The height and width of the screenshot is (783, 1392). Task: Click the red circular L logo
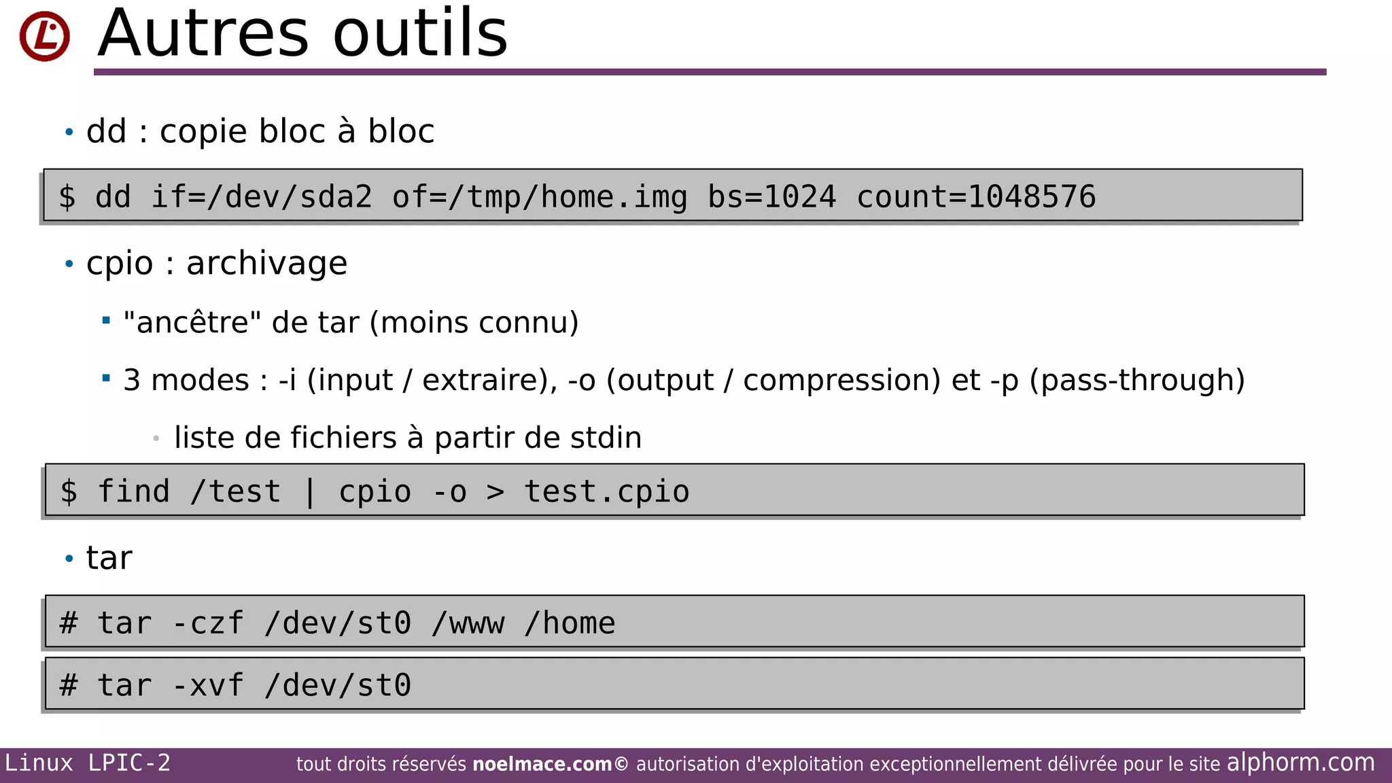(x=45, y=36)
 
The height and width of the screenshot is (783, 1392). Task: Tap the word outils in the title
(x=420, y=34)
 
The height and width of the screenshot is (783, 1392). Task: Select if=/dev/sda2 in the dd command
(x=262, y=197)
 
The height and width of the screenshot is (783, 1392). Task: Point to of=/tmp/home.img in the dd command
(x=540, y=197)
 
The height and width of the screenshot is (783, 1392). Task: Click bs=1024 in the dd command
(x=771, y=197)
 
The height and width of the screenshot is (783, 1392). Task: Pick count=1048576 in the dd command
(x=976, y=197)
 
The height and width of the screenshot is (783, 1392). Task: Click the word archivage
(x=266, y=264)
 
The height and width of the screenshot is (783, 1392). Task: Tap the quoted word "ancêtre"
(x=192, y=323)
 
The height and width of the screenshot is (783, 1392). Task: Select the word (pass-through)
(x=1137, y=381)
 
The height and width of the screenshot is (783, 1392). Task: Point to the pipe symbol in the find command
(x=310, y=492)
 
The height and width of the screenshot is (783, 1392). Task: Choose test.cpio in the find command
(x=607, y=492)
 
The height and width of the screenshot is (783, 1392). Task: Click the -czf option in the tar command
(x=208, y=623)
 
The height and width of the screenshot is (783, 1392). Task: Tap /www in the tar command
(x=468, y=623)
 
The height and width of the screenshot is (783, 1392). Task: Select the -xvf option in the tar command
(x=208, y=685)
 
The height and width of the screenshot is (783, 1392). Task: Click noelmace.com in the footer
(x=542, y=765)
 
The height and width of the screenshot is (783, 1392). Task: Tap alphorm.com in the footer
(x=1300, y=763)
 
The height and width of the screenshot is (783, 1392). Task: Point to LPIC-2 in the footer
(x=129, y=763)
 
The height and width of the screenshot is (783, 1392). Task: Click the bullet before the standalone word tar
(x=69, y=559)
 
